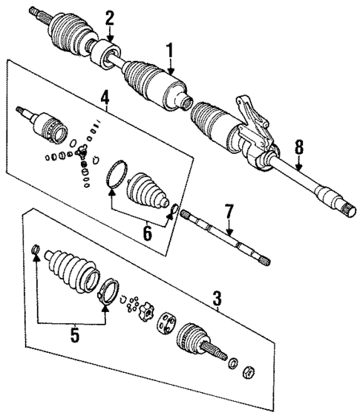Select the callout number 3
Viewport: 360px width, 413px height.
[x=217, y=300]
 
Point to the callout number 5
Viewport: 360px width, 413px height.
[x=74, y=334]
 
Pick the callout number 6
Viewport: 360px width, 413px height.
[x=147, y=234]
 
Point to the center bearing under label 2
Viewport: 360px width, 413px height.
[x=106, y=56]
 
